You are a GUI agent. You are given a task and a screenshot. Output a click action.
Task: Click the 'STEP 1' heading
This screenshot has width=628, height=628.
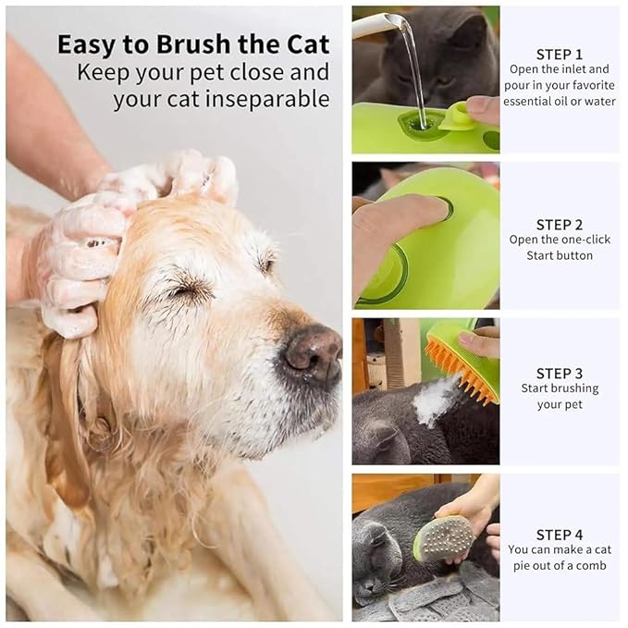560,54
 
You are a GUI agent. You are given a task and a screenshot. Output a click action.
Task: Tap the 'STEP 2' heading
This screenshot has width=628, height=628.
560,224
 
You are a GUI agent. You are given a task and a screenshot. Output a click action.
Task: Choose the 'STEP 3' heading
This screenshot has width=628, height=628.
560,374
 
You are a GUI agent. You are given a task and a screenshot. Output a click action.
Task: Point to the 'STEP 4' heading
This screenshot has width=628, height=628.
560,535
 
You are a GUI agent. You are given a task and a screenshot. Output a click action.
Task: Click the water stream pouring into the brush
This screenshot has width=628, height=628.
413,74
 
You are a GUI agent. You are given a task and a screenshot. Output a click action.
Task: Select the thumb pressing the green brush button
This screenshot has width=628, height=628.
407,217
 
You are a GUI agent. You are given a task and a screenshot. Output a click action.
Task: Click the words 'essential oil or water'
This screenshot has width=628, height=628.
560,101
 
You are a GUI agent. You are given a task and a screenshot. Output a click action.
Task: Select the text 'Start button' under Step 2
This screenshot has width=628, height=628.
560,255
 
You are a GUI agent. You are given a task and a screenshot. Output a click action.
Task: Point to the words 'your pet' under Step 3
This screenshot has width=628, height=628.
560,404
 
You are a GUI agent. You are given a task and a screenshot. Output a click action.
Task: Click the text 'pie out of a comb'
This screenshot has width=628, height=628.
560,565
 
